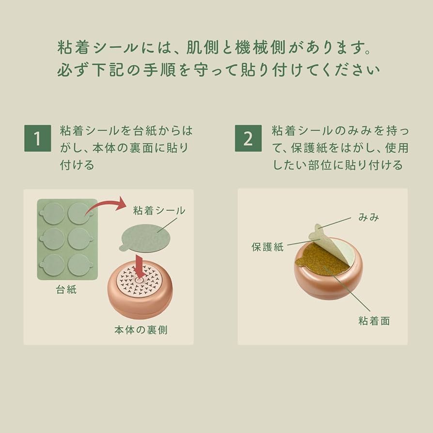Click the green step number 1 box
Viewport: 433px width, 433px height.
click(x=37, y=138)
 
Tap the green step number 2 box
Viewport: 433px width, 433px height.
click(x=248, y=138)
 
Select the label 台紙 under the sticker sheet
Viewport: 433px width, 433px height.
click(x=66, y=290)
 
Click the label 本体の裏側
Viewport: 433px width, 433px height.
click(x=140, y=330)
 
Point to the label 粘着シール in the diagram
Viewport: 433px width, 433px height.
click(x=159, y=210)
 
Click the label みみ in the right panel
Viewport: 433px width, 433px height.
click(x=369, y=217)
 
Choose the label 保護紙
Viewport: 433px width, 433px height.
click(x=267, y=247)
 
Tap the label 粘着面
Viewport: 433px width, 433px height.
click(x=374, y=321)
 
